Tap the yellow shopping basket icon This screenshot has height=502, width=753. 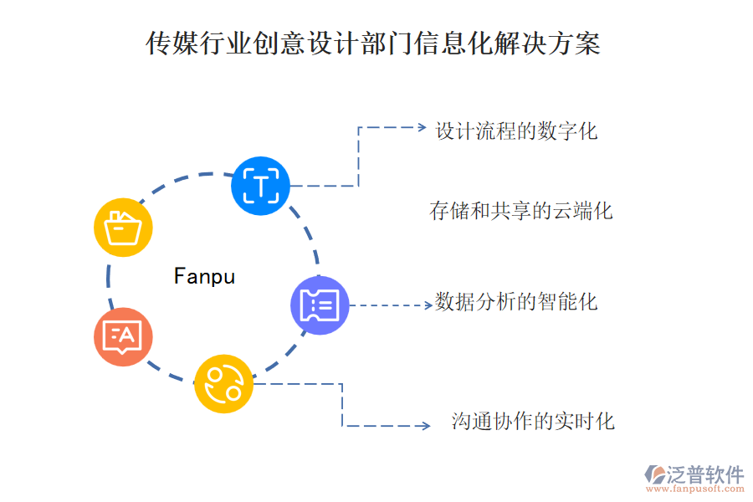pyautogui.click(x=124, y=227)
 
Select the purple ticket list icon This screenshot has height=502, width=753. pyautogui.click(x=319, y=305)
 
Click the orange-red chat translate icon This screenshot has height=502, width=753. pyautogui.click(x=123, y=336)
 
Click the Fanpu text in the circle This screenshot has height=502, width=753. pyautogui.click(x=204, y=276)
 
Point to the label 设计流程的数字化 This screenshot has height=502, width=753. pyautogui.click(x=516, y=131)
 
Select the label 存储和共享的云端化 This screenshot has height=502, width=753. pyautogui.click(x=520, y=211)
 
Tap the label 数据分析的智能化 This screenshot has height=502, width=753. pyautogui.click(x=516, y=301)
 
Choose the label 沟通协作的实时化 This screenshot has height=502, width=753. pyautogui.click(x=533, y=421)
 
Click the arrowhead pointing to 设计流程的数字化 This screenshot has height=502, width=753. pyautogui.click(x=421, y=128)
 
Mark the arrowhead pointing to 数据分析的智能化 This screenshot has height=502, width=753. pyautogui.click(x=427, y=305)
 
